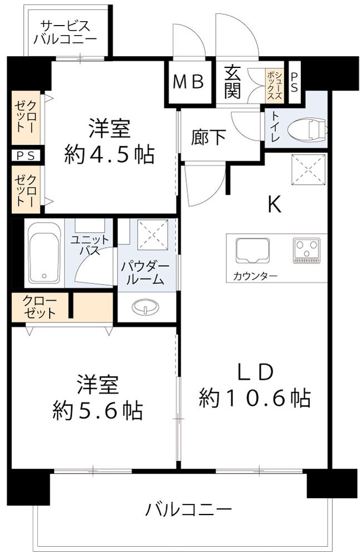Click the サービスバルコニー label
click(65, 32)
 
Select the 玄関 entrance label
click(232, 82)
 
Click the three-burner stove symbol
click(307, 250)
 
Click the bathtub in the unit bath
click(44, 254)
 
